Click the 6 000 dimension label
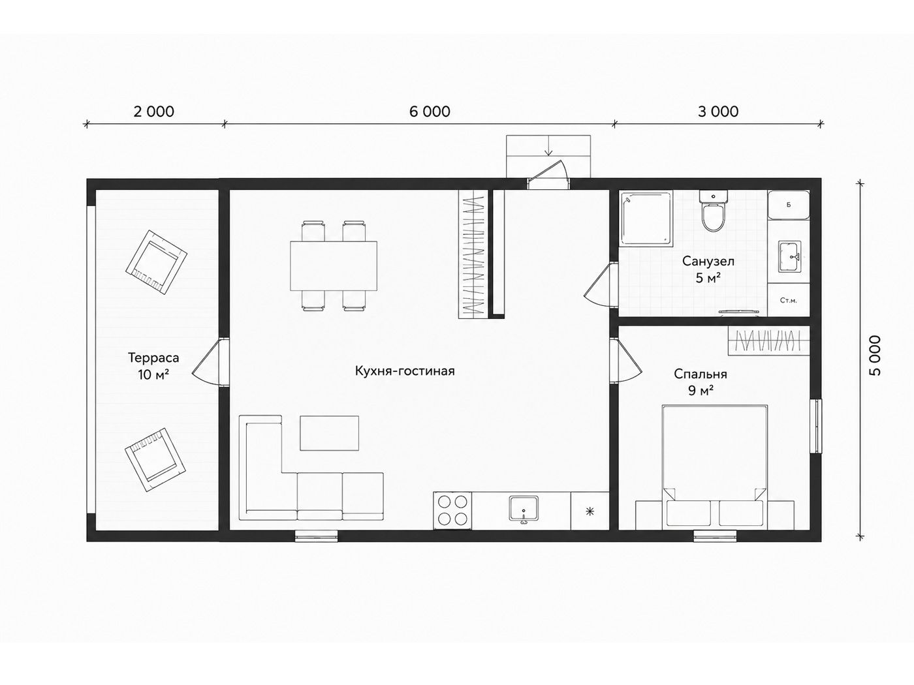430,112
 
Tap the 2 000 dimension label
154,112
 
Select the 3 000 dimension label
718,112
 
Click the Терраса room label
153,358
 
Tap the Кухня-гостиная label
405,371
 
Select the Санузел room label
708,261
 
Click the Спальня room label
701,374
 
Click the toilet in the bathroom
714,211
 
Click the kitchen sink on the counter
524,508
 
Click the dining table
334,266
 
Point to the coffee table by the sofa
330,433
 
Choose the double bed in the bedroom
714,467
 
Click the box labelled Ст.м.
788,300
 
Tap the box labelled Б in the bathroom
788,205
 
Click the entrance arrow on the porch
549,145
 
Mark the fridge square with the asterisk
590,511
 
